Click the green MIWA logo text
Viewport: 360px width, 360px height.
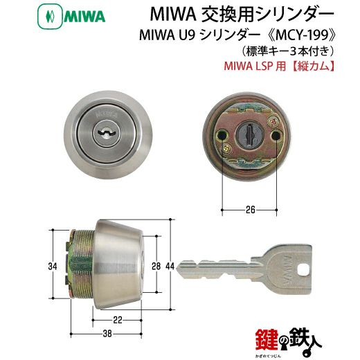84,17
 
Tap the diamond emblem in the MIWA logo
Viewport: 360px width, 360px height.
50,17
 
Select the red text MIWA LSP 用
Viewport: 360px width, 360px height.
252,66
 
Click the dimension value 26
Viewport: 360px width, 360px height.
250,210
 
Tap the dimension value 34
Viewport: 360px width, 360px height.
53,267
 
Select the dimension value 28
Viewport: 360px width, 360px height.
156,266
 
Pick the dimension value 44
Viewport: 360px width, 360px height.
170,266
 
